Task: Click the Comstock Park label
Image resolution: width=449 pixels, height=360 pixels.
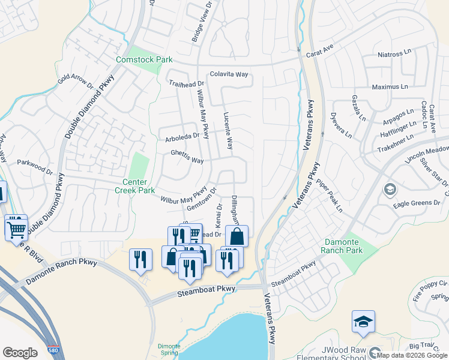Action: tap(144, 59)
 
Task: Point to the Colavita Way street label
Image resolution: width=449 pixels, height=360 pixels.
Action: tap(229, 75)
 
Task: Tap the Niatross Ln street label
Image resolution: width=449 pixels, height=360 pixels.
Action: tap(396, 55)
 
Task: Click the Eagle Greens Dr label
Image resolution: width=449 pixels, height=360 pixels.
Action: tap(417, 203)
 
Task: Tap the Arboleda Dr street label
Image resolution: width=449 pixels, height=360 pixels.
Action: tap(182, 137)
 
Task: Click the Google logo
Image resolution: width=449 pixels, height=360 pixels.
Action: tap(20, 353)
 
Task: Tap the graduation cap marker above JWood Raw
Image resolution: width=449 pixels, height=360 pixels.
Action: tap(363, 322)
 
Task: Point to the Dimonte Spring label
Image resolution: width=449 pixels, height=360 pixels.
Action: tap(169, 349)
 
